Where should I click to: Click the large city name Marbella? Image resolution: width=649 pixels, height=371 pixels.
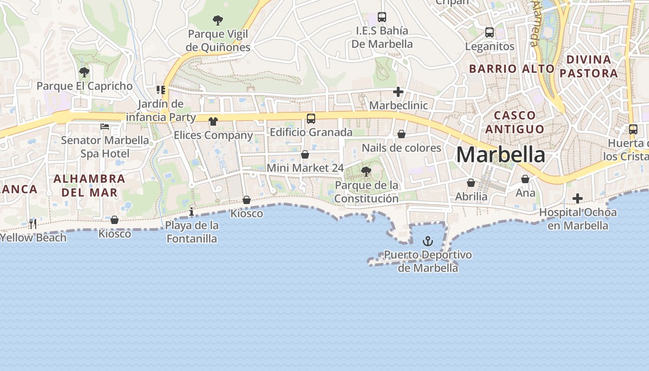(x=501, y=155)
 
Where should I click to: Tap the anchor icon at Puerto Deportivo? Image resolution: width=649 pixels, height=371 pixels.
(x=427, y=241)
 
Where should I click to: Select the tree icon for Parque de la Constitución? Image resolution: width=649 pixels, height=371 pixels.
(x=366, y=172)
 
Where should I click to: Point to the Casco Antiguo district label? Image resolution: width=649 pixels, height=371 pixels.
(x=515, y=122)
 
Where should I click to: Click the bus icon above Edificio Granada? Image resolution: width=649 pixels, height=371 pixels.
(x=311, y=118)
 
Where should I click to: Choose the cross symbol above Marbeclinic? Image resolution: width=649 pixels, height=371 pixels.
(x=398, y=92)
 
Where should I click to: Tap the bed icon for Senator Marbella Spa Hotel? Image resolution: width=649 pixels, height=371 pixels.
(x=105, y=127)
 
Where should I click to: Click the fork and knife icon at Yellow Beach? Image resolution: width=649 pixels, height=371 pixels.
(x=32, y=224)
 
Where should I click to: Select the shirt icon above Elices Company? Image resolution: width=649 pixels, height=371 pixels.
(x=213, y=122)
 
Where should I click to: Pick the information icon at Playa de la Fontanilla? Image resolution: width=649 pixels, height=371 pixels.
(x=191, y=212)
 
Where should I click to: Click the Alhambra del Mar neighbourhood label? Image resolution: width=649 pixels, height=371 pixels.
(x=89, y=185)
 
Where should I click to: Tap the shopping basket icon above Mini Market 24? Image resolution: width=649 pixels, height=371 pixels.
(x=305, y=154)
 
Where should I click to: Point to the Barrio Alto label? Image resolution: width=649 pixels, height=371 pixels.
(x=512, y=69)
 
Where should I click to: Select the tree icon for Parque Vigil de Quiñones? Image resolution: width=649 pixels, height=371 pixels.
(x=218, y=20)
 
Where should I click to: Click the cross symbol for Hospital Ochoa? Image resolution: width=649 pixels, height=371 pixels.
(x=577, y=198)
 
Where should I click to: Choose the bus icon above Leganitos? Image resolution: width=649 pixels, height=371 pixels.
(x=490, y=32)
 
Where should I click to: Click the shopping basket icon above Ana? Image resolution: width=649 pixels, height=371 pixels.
(x=525, y=179)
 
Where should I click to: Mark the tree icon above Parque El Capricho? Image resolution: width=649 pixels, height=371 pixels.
(x=84, y=72)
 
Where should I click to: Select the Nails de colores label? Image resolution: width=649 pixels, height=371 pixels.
(x=401, y=148)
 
